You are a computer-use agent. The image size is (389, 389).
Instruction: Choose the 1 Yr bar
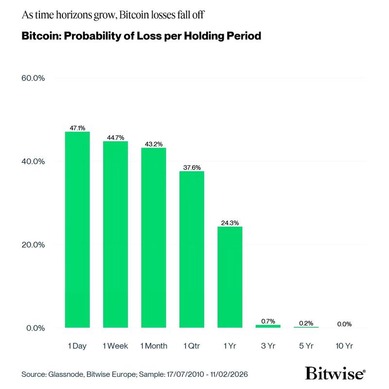[x=230, y=277]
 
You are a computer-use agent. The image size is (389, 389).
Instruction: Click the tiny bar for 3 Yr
[x=268, y=326]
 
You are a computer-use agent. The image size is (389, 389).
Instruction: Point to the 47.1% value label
[x=77, y=128]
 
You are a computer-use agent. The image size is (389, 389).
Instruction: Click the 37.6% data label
[x=192, y=167]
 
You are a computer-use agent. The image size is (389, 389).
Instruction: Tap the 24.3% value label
[x=230, y=223]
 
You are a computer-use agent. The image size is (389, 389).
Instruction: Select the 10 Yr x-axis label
[x=344, y=346]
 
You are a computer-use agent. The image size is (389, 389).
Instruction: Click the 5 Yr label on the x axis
[x=306, y=346]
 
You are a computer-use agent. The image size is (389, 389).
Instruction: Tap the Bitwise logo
[x=336, y=373]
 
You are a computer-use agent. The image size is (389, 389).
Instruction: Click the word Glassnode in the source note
[x=65, y=375]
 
